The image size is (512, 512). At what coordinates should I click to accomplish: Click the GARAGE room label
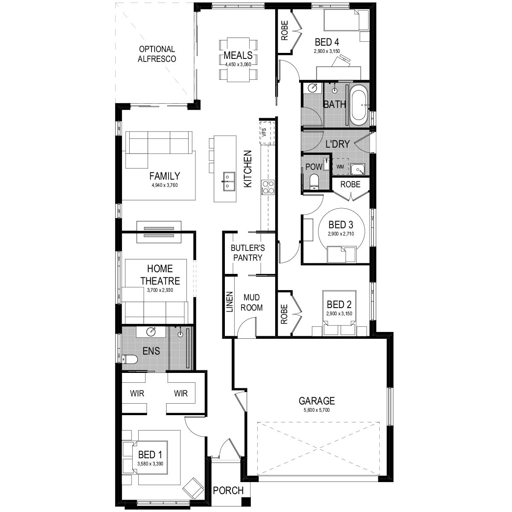coord(317,400)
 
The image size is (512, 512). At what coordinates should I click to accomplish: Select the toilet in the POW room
coord(314,181)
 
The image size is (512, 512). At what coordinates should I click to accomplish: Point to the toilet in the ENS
coord(130,359)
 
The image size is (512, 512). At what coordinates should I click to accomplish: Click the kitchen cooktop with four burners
coord(268,187)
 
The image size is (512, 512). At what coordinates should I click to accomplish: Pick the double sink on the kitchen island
coord(229,181)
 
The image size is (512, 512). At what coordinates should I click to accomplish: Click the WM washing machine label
coord(340,166)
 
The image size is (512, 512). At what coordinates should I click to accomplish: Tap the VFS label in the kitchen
coord(264,132)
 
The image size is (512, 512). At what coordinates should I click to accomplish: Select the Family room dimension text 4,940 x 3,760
coord(165,185)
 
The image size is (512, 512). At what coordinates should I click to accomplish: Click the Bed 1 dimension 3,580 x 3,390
coord(150,464)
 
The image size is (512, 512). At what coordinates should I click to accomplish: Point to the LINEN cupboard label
coord(230,302)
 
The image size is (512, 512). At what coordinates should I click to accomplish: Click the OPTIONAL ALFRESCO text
coord(157,54)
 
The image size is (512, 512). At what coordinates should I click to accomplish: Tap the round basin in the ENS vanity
coord(151,332)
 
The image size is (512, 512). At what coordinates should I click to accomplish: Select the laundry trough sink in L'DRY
coord(358,169)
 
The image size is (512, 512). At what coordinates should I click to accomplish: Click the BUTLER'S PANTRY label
coord(247,253)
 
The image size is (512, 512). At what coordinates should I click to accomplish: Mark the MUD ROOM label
coord(251,303)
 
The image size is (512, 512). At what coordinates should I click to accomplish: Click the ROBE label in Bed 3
coord(350,184)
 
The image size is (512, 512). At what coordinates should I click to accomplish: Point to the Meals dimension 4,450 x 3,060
coord(238,64)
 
